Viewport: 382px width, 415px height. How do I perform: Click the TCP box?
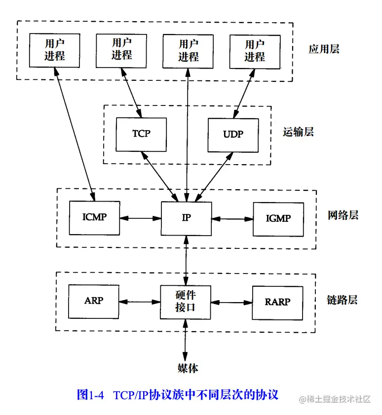141,134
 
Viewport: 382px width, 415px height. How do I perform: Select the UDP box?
233,134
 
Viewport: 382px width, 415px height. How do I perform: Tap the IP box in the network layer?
186,217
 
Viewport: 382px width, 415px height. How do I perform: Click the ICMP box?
94,217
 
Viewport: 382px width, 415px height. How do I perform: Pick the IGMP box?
278,217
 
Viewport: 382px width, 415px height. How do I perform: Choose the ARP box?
94,301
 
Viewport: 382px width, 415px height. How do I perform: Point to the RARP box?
277,301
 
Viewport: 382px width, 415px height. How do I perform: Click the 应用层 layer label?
324,49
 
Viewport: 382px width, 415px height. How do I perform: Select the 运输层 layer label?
298,132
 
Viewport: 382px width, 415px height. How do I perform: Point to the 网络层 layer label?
343,215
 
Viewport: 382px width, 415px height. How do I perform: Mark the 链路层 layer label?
342,300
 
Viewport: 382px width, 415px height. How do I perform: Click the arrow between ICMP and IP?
140,217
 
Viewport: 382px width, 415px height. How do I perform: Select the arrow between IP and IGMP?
232,217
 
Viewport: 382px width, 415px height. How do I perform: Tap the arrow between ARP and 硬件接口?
140,301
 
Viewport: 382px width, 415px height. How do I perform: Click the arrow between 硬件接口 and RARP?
231,301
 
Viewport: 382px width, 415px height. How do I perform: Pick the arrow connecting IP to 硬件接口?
186,260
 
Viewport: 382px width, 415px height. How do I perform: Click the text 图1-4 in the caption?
90,395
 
